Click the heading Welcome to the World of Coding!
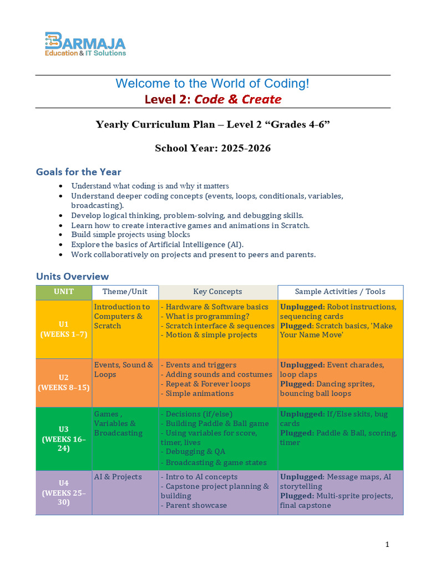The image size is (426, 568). click(212, 84)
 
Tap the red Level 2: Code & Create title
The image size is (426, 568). click(213, 100)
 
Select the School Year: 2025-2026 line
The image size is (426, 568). click(212, 148)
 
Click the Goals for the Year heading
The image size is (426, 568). click(78, 171)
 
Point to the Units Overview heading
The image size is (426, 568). click(72, 276)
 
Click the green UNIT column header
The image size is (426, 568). click(64, 292)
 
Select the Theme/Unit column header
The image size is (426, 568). click(125, 292)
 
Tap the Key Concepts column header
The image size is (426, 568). click(217, 292)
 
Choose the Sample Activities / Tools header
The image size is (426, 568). click(340, 292)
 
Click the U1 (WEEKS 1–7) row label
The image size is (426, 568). click(64, 329)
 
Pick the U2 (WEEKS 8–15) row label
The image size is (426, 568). click(64, 383)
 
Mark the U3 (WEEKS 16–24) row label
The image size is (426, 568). click(64, 439)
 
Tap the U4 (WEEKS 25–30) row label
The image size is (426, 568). click(64, 493)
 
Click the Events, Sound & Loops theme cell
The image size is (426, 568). click(124, 369)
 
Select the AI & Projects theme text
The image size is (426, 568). click(118, 477)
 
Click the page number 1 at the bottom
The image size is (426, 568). click(387, 545)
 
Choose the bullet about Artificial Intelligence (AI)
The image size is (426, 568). click(157, 245)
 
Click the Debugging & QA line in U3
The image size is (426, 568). click(195, 452)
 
